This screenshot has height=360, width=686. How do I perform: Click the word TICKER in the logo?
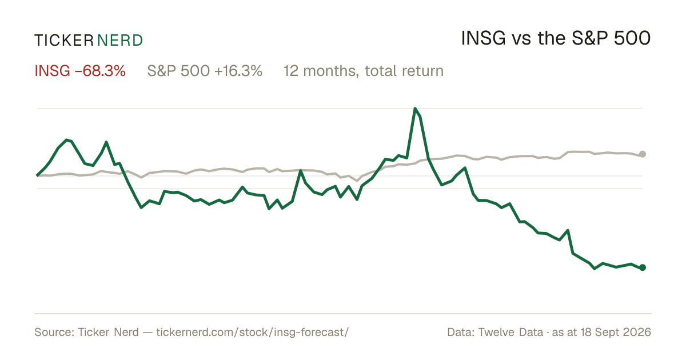coord(64,41)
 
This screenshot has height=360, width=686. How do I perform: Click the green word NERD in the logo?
coord(119,41)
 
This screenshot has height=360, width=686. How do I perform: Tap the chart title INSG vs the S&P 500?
coord(556,39)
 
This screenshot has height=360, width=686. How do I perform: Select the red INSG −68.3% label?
coord(80,71)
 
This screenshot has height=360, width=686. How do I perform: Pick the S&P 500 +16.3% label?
coord(205,71)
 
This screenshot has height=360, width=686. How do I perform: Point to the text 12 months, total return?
coord(364,71)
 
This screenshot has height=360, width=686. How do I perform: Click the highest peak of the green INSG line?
coord(415,109)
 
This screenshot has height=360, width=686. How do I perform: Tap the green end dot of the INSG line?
coord(643,267)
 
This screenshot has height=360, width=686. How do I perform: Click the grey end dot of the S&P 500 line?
coord(643,154)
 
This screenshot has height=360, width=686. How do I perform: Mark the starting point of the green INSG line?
coord(37,176)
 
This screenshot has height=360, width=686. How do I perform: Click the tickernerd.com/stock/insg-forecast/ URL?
coord(252,332)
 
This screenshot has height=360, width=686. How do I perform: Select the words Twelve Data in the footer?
coord(510,332)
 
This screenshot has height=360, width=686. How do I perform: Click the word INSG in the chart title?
coord(483,39)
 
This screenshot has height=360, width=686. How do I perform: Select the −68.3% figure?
coord(100,71)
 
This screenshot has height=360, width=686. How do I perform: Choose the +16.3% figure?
coord(238,71)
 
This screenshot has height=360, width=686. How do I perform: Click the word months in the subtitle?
coord(331,71)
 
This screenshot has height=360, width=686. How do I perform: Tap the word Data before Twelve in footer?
coord(461,332)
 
